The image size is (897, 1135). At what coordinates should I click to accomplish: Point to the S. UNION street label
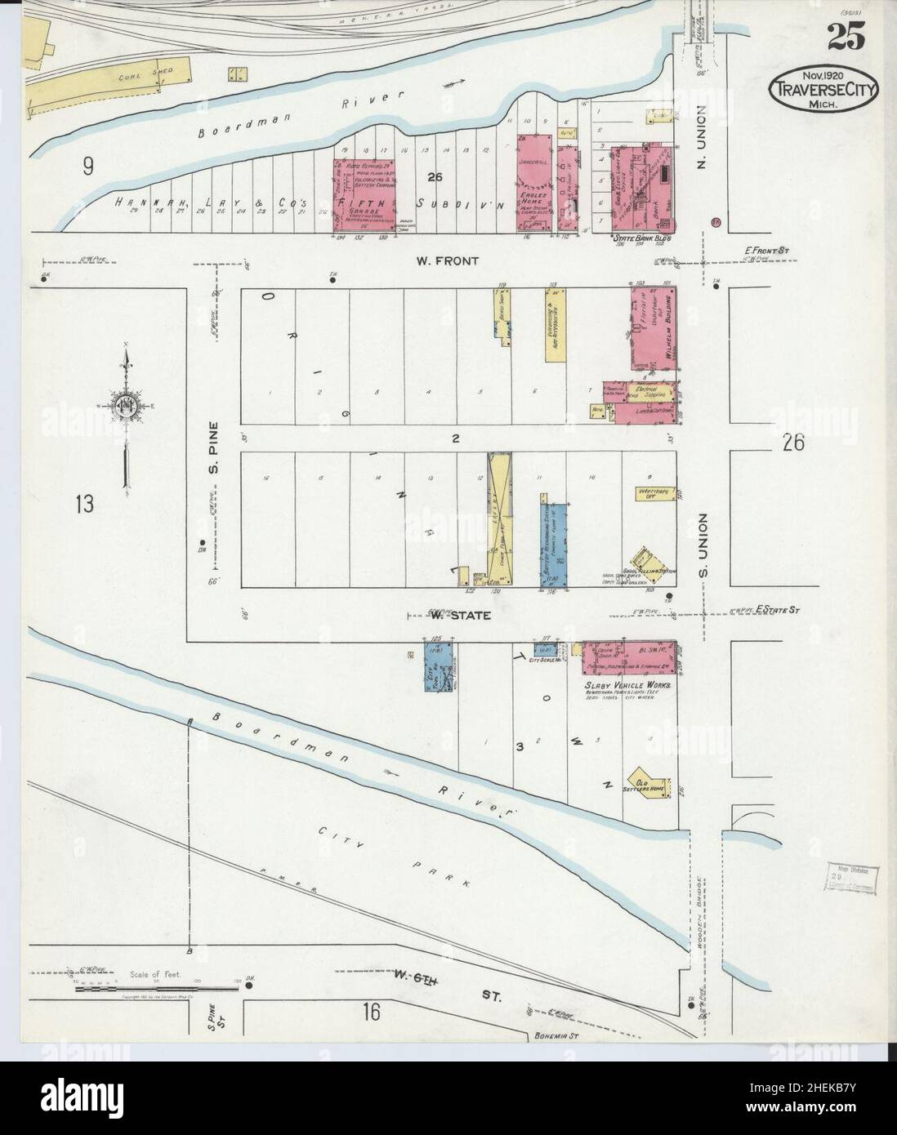point(705,542)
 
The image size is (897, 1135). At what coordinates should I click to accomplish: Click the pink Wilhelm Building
point(653,332)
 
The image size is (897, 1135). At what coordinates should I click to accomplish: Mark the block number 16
point(372,1013)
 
